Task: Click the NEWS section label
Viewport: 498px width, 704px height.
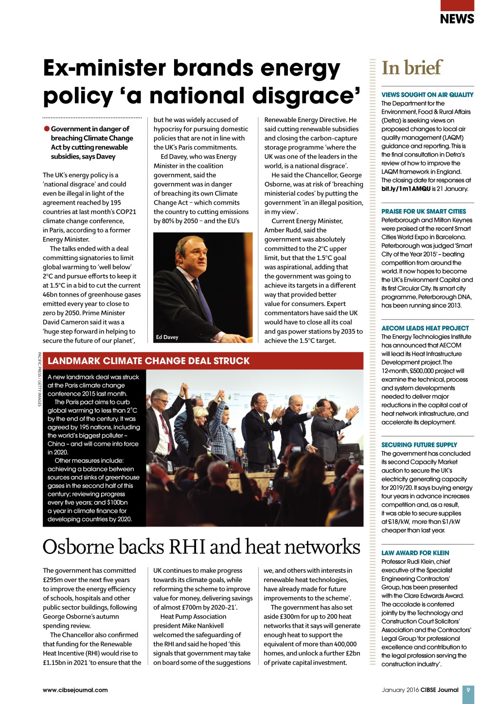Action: click(457, 19)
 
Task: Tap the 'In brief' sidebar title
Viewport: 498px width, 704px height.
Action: click(412, 68)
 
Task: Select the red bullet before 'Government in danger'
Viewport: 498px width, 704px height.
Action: click(47, 129)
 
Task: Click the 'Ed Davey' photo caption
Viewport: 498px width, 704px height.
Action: click(167, 337)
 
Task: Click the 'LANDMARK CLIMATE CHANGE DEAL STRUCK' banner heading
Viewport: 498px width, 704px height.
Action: click(149, 361)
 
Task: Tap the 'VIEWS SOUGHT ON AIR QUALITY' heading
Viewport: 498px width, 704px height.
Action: click(427, 95)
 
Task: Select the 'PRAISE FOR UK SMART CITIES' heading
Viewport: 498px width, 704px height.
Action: click(424, 211)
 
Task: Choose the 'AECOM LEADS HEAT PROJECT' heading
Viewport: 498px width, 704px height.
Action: click(425, 328)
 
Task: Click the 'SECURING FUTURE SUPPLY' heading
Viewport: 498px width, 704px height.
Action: click(419, 445)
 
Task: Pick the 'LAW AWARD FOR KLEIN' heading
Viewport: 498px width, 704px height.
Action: click(415, 553)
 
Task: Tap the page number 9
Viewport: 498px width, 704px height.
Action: click(468, 690)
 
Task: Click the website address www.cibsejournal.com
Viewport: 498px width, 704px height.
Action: click(75, 690)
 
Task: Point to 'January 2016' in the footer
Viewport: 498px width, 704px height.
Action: click(400, 690)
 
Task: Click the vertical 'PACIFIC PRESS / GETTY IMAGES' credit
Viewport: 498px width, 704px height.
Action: click(39, 379)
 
